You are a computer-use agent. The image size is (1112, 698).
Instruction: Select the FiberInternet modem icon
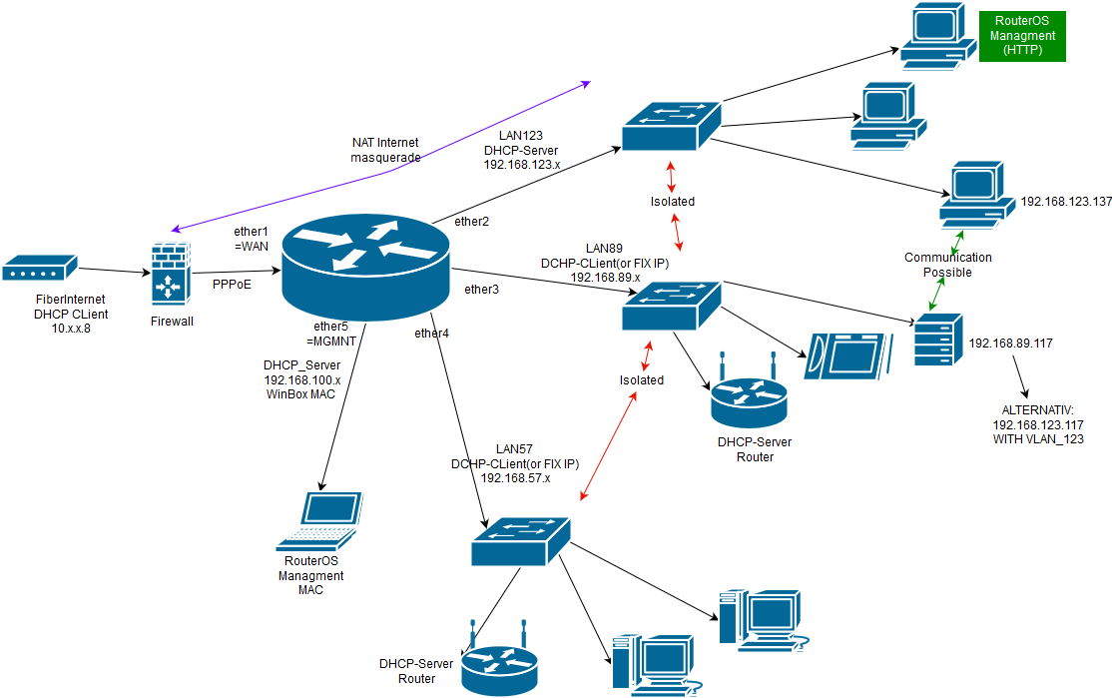(39, 269)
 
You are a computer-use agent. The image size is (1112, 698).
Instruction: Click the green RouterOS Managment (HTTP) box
(1022, 36)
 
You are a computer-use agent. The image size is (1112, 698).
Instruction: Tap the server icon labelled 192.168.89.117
(936, 339)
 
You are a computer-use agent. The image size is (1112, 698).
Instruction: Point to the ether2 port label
(471, 221)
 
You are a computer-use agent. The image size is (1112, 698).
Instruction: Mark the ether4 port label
(431, 333)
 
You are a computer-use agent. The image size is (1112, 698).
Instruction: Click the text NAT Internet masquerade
(385, 150)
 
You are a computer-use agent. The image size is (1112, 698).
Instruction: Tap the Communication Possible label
(948, 265)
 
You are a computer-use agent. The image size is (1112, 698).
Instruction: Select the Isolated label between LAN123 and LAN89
(672, 201)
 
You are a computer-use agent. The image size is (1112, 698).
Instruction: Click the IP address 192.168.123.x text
(520, 165)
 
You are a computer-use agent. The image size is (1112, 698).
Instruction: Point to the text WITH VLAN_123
(1038, 438)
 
